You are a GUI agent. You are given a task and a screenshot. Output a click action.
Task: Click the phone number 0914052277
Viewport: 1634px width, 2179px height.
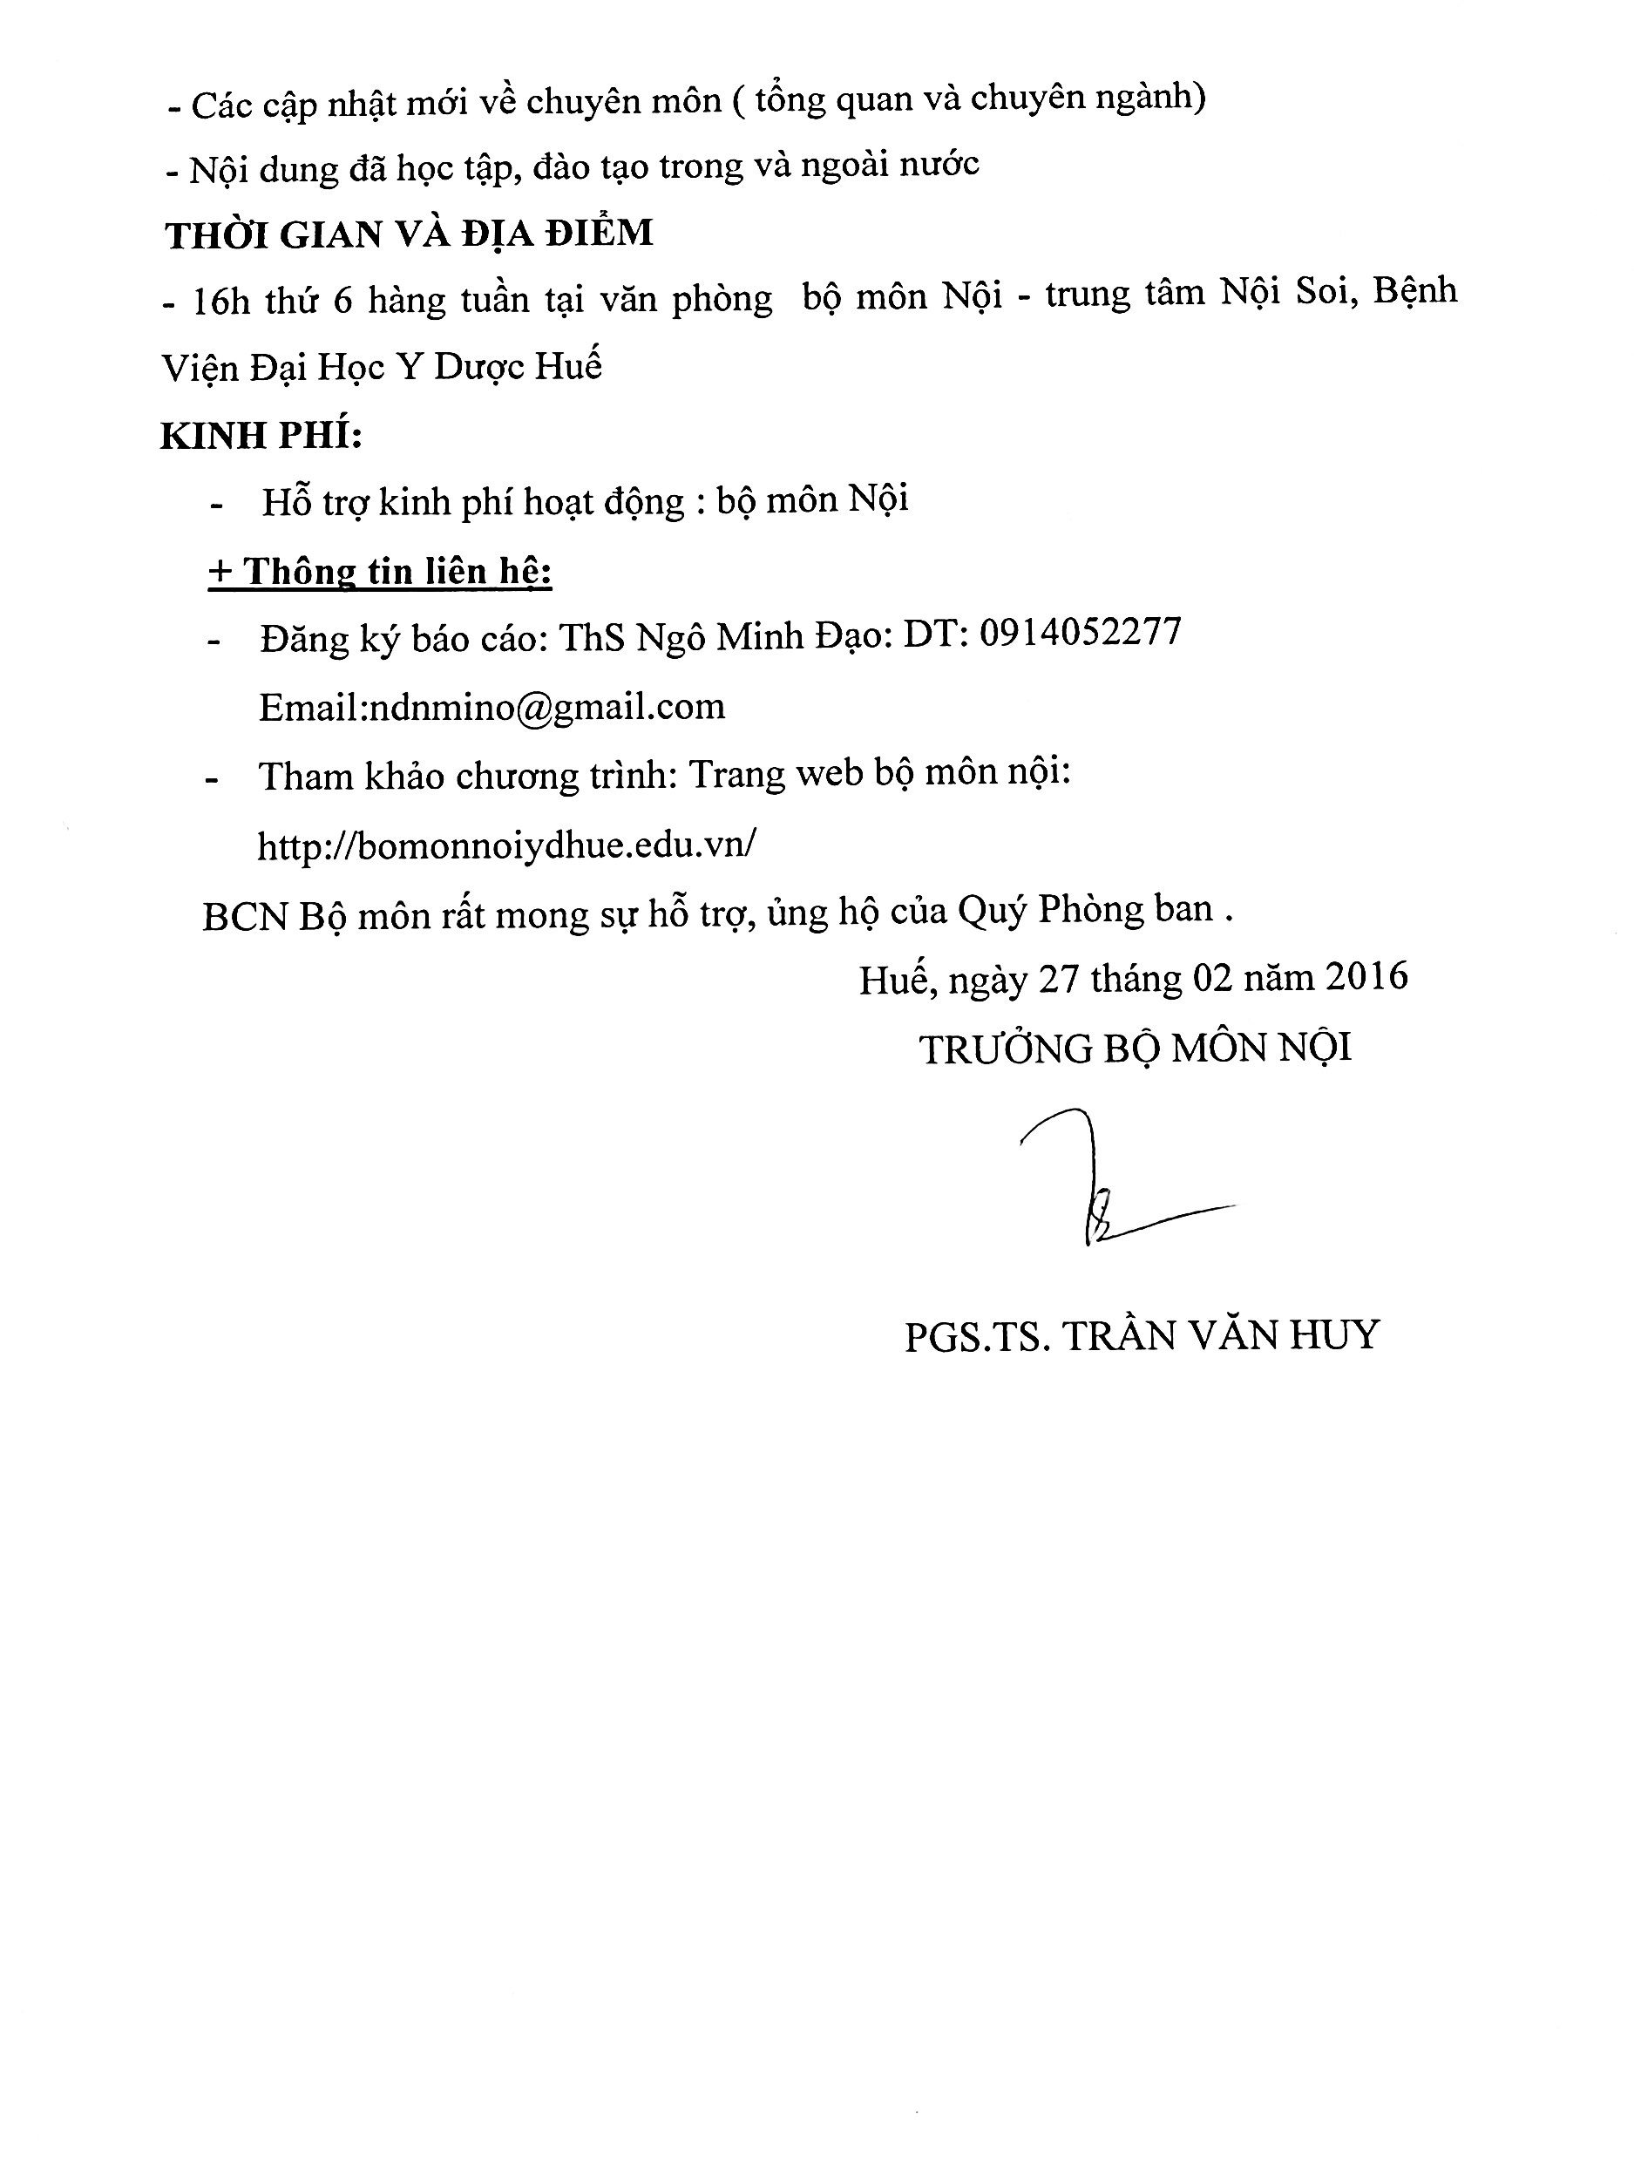(x=1080, y=633)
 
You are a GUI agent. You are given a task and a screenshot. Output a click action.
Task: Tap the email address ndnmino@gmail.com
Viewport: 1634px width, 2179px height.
(x=545, y=707)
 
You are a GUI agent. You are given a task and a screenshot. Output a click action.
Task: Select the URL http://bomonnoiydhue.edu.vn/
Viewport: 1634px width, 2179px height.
(x=506, y=845)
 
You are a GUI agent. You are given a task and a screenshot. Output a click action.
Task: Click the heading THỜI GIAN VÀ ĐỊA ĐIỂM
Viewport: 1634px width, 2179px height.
(x=409, y=234)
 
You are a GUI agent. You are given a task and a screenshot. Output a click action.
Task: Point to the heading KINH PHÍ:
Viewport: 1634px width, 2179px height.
(x=261, y=434)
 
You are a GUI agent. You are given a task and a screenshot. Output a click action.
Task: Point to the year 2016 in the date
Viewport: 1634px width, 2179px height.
(x=1366, y=976)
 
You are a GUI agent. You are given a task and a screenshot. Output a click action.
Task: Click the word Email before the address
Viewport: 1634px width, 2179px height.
(x=308, y=707)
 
